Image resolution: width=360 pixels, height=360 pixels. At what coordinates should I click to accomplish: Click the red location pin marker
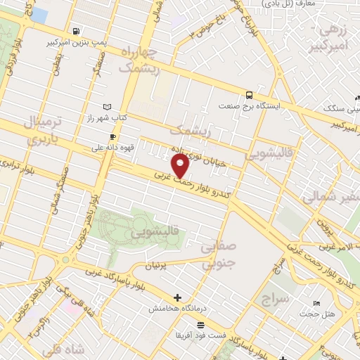pos(181,166)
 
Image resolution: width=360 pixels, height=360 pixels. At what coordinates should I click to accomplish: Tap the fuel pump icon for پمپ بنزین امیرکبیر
pos(76,31)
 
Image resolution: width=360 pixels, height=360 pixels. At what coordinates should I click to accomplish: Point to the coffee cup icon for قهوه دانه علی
pos(112,136)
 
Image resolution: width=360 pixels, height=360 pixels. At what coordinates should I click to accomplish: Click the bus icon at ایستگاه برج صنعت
pos(249,95)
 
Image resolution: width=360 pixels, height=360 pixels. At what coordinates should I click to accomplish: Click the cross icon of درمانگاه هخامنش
pos(177,297)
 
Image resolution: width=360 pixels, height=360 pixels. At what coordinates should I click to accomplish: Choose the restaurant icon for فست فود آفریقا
pos(201,325)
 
